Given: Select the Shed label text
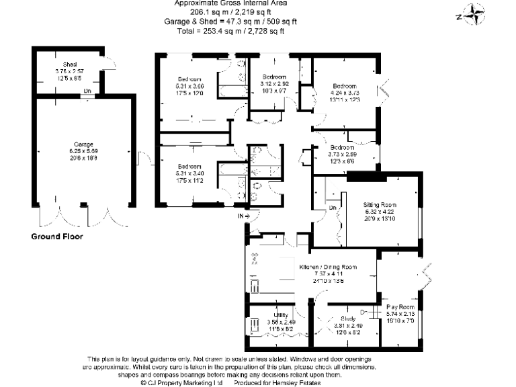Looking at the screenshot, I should pyautogui.click(x=69, y=64).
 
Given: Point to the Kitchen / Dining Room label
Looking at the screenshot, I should pyautogui.click(x=328, y=267).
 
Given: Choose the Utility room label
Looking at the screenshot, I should pyautogui.click(x=281, y=314).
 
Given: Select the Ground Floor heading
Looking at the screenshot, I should pyautogui.click(x=57, y=236).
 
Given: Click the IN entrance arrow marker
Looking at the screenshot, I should pyautogui.click(x=243, y=216).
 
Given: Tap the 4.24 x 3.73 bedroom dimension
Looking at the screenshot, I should pyautogui.click(x=344, y=93).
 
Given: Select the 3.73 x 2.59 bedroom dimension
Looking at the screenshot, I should pyautogui.click(x=343, y=154).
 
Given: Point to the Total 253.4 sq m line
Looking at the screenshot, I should pyautogui.click(x=230, y=31).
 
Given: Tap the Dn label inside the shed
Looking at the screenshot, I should pyautogui.click(x=87, y=91).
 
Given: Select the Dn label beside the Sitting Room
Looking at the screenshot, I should pyautogui.click(x=333, y=208).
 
